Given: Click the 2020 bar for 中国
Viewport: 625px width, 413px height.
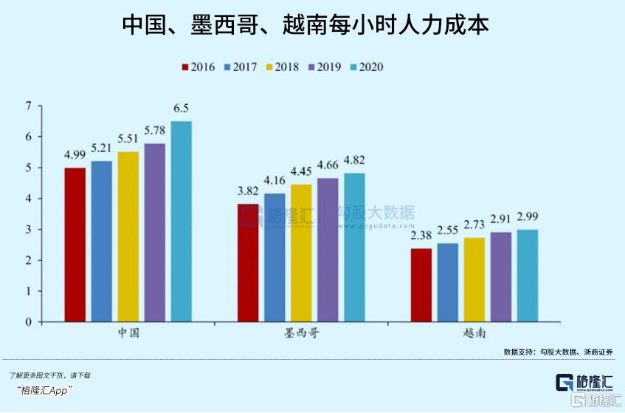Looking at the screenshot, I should (181, 222).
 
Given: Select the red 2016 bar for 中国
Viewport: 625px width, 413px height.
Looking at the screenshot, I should (75, 245).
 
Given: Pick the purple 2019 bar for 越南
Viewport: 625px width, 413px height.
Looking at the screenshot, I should (501, 277).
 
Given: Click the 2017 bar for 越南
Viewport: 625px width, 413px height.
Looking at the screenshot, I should (448, 282).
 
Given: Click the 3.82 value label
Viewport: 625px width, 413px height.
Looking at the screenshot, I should (248, 191).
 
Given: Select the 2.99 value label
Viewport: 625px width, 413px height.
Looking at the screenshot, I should (528, 216).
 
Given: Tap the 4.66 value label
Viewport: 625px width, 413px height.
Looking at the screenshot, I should (328, 165).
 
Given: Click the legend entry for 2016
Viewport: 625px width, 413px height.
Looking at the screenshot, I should (197, 67).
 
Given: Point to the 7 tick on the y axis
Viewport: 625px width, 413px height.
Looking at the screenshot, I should (29, 106).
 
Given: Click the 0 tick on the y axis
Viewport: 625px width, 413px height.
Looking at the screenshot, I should (29, 322).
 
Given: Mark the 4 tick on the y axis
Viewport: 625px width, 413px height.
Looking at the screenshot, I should (29, 199).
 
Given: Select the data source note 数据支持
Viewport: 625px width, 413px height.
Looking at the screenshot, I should (558, 352).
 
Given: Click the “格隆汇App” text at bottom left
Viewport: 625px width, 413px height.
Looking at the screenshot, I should (44, 390).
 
